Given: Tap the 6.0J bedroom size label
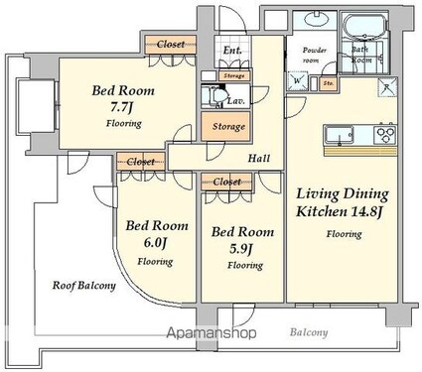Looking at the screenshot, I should point(156,243).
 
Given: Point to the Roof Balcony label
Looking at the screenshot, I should point(83,286).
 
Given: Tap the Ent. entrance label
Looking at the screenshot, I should point(233,50).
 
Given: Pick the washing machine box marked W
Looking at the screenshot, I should point(298,80).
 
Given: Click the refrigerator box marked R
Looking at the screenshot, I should point(385,87).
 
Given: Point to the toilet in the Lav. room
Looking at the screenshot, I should point(211,97).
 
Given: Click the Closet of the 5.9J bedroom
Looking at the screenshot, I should point(227,183).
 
